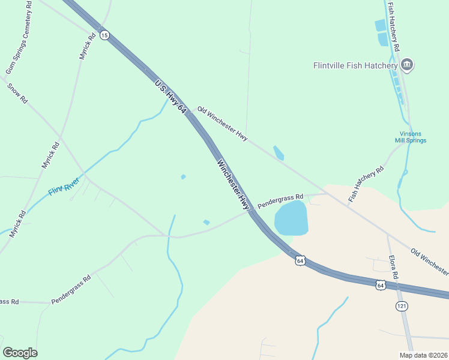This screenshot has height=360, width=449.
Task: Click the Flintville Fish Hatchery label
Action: point(355,65)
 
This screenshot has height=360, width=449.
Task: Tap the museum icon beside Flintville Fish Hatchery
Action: point(407,65)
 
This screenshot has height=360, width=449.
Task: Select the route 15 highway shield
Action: point(104,35)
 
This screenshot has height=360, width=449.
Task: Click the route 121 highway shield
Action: point(402,307)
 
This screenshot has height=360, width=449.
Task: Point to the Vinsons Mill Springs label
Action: point(411,137)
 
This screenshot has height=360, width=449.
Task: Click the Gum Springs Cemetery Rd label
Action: point(19,38)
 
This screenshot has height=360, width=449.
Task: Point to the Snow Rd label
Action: point(17,94)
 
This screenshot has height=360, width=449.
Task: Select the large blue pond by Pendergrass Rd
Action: point(291,218)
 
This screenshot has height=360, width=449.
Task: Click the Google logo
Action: point(20,353)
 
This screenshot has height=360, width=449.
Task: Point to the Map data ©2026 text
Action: point(423,355)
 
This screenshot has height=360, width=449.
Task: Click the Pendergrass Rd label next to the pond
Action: point(280,200)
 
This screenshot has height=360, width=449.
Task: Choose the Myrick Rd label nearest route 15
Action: point(88,45)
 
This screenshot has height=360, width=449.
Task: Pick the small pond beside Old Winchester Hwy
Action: point(279,153)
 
